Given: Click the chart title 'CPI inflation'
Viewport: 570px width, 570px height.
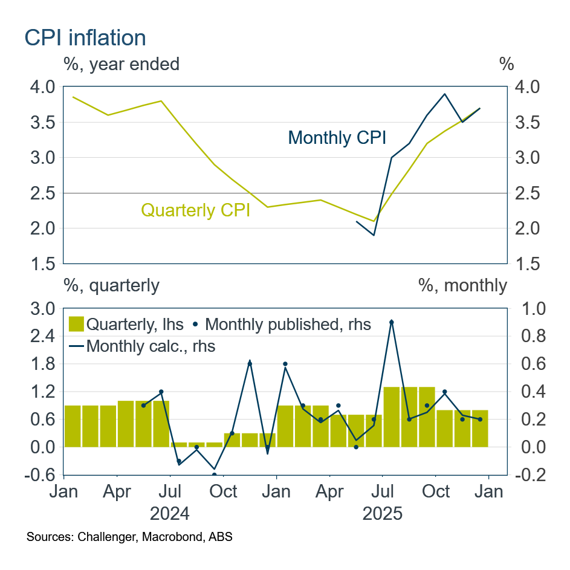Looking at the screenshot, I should click(85, 38).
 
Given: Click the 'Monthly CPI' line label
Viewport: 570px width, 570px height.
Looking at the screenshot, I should click(337, 138).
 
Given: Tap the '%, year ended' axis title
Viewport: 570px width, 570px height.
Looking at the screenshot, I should click(121, 64).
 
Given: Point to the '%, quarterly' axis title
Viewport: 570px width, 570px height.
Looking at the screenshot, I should click(112, 285).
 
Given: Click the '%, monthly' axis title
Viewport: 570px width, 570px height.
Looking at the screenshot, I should click(462, 285).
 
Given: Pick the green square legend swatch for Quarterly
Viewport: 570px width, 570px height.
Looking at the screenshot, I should click(76, 323).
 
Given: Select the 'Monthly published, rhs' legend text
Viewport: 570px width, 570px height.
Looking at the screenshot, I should click(288, 324).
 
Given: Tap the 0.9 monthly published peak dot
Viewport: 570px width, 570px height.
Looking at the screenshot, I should click(392, 322).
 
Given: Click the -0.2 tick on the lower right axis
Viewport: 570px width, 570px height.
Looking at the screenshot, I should click(529, 476).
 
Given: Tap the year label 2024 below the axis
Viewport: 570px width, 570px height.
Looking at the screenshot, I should click(170, 514).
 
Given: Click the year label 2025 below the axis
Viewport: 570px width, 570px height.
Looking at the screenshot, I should click(382, 514).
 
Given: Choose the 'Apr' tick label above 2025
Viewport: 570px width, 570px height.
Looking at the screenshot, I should click(329, 491).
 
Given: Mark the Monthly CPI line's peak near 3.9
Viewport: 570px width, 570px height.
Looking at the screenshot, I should click(445, 94).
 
